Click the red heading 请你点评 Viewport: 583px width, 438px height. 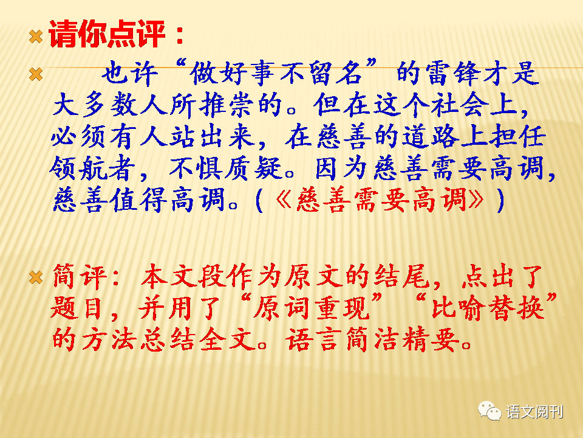[107, 34]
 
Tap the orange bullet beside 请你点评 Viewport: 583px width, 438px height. [36, 36]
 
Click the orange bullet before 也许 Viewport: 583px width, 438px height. [36, 74]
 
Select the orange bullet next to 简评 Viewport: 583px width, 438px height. [36, 277]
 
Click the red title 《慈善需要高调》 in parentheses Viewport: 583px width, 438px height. [380, 200]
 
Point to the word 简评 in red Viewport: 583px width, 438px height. [80, 277]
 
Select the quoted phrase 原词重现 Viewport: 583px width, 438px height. [312, 309]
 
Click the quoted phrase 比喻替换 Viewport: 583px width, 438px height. [488, 309]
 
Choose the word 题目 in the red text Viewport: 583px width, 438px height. [77, 309]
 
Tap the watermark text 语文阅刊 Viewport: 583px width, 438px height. [534, 412]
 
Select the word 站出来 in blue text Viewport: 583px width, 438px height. [212, 137]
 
